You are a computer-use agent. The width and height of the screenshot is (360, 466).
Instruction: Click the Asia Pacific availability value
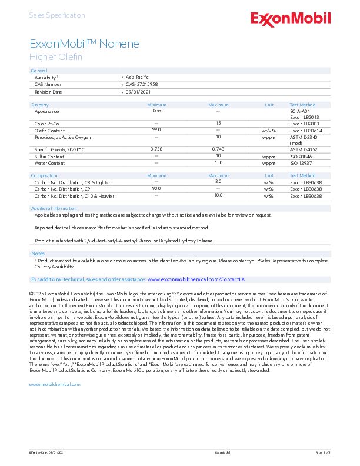click(x=138, y=77)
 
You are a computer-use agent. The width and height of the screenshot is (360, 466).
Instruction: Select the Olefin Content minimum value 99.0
click(x=156, y=129)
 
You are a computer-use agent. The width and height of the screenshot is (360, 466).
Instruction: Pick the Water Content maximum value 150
click(x=218, y=162)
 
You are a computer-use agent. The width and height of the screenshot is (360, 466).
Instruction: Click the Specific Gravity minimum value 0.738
click(x=156, y=149)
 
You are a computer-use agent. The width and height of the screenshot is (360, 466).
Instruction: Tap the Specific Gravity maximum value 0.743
click(x=218, y=149)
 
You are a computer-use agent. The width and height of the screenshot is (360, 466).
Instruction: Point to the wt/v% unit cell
click(x=269, y=130)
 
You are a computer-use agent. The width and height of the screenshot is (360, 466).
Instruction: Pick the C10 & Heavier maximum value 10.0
click(x=218, y=195)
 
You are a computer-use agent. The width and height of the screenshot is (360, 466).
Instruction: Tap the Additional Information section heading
click(x=54, y=208)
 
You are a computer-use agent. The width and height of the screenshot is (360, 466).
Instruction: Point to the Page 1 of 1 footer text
click(x=324, y=452)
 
